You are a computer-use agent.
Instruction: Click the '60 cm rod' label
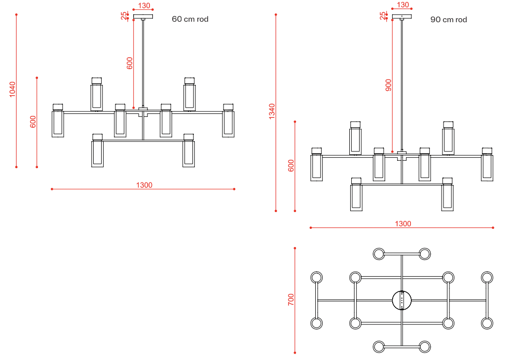click(190, 19)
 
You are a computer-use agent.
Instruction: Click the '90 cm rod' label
click(448, 20)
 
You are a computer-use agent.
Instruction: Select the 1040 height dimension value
click(12, 89)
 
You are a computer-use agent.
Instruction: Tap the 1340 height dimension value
click(271, 112)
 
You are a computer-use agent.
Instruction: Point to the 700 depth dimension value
click(291, 299)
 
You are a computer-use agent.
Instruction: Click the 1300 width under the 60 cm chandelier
click(144, 185)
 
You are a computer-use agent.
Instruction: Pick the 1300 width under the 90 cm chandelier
click(403, 223)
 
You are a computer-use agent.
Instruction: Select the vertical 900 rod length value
click(388, 85)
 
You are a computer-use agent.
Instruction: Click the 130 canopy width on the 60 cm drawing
click(144, 5)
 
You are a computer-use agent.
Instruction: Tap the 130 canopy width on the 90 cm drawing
click(403, 5)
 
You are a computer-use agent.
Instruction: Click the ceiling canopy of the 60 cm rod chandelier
click(143, 16)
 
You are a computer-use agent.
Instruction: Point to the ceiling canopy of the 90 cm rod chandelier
click(402, 16)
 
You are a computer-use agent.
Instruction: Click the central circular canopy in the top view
click(402, 300)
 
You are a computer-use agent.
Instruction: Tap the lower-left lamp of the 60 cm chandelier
click(97, 151)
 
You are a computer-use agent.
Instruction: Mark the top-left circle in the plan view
click(379, 254)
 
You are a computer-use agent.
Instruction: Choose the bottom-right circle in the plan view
click(425, 347)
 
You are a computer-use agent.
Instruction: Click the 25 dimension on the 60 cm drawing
click(124, 16)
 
